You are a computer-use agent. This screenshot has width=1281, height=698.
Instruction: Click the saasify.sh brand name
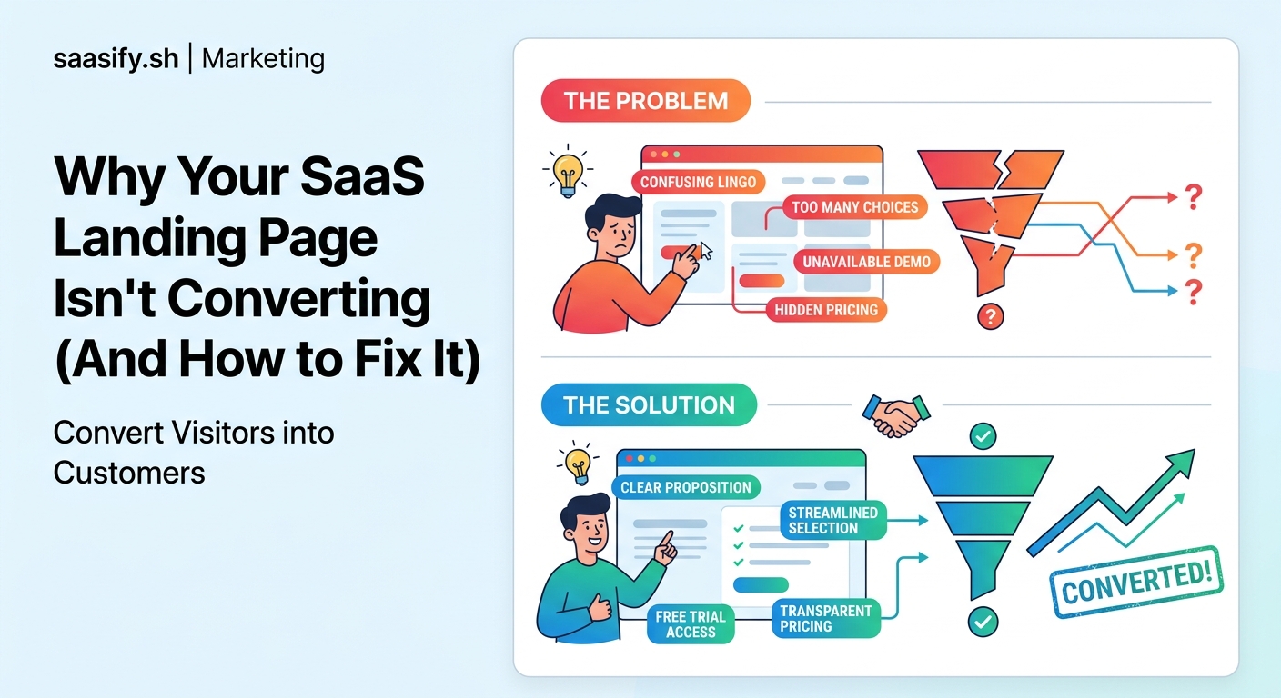(x=116, y=60)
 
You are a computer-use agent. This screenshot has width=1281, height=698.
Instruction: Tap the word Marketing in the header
(x=263, y=60)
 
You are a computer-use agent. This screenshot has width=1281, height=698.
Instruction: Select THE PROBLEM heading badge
(x=646, y=100)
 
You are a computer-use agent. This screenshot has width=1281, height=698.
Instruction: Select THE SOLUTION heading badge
(x=649, y=405)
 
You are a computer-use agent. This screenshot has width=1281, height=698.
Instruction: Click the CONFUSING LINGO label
(x=698, y=182)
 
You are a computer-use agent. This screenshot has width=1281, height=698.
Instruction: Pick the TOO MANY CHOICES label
(x=854, y=207)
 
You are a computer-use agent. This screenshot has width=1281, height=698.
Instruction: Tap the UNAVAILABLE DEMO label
(x=866, y=262)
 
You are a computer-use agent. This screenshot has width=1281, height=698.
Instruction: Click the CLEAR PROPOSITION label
(x=686, y=487)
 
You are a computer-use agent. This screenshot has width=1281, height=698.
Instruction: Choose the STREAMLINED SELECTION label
(x=832, y=520)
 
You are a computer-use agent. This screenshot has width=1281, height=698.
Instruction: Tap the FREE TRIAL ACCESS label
(x=691, y=624)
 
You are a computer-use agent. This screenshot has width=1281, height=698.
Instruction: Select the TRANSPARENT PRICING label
(x=825, y=618)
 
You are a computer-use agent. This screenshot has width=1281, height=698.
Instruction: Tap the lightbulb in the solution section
(x=578, y=465)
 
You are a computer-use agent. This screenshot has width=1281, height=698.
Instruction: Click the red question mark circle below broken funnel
(x=989, y=316)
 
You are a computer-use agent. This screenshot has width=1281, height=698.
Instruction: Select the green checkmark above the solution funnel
(x=983, y=437)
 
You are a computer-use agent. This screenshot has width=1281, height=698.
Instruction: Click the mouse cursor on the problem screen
(x=707, y=252)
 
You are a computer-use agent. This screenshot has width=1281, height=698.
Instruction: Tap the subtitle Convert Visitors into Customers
(x=194, y=452)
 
